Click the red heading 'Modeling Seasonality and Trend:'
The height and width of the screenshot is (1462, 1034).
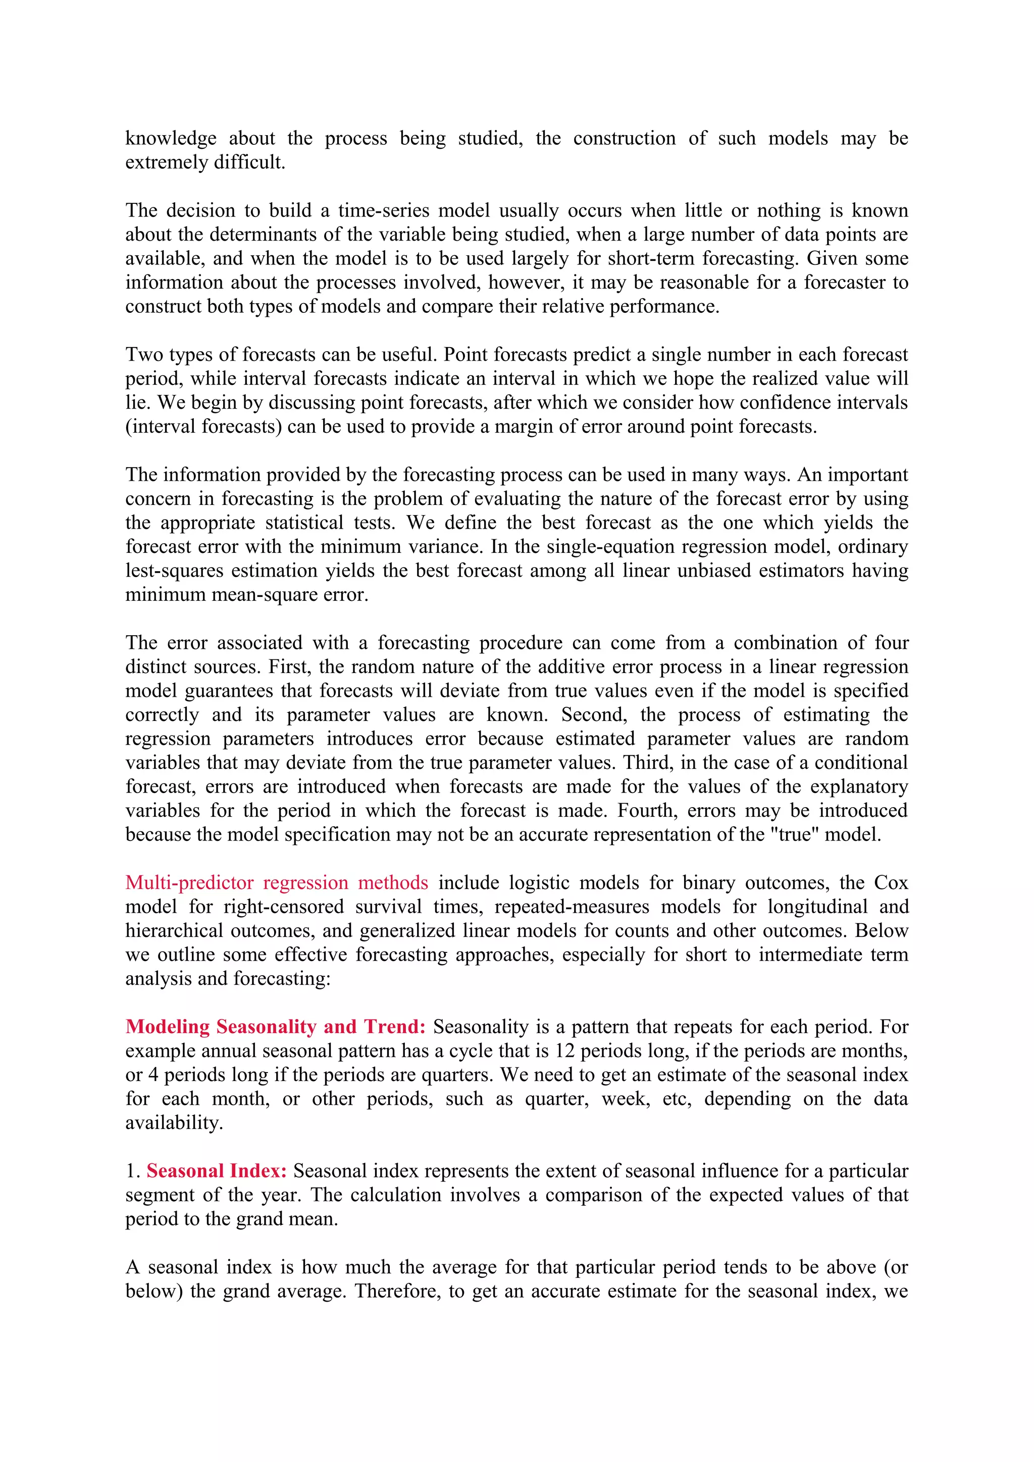point(275,1027)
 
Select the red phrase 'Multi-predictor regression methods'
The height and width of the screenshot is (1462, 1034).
point(277,882)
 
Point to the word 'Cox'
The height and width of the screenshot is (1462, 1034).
point(891,882)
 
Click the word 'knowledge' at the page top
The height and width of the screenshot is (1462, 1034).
point(171,138)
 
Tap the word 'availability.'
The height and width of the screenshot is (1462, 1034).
point(174,1122)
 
